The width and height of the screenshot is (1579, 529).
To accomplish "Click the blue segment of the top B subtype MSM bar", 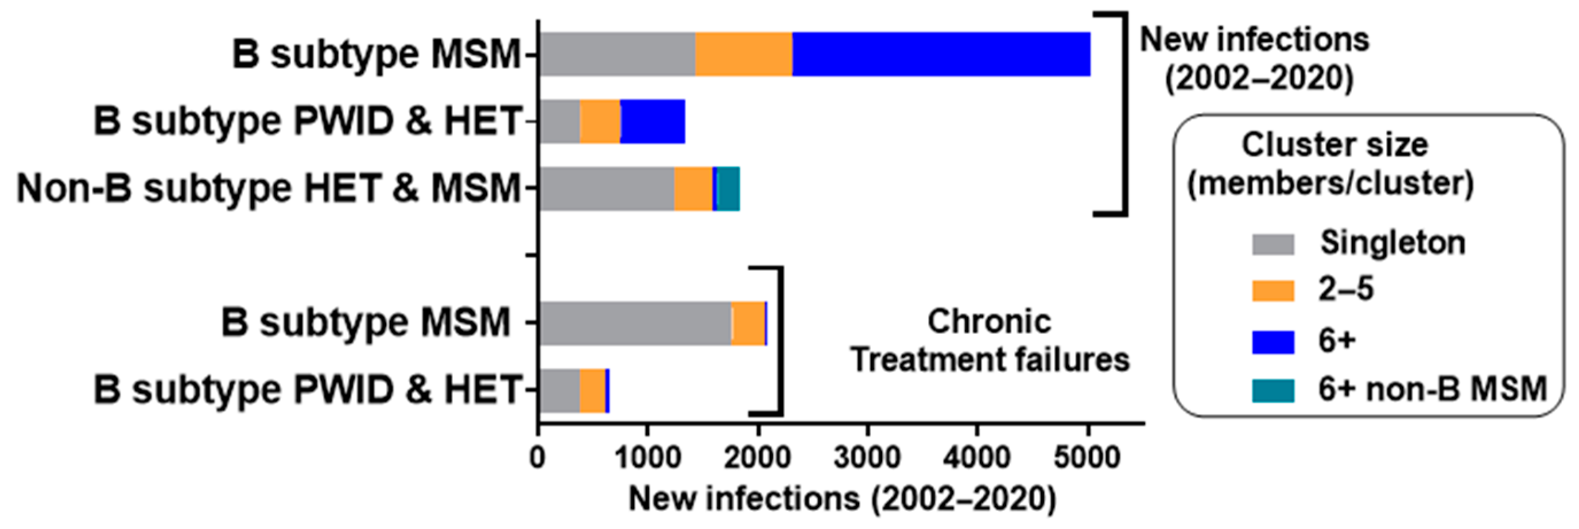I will coord(941,54).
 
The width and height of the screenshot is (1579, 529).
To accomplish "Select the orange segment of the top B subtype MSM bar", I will coord(743,54).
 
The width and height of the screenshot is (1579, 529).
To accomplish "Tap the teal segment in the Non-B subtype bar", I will coord(728,188).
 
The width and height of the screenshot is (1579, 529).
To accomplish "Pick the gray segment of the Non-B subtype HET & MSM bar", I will coord(607,188).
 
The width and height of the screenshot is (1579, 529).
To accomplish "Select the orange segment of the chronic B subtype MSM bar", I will coord(748,323).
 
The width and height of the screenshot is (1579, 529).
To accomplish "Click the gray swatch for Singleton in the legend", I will coord(1272,244).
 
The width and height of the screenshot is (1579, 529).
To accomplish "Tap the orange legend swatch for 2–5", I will coord(1272,290).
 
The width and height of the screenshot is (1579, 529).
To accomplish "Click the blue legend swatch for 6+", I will coord(1272,341).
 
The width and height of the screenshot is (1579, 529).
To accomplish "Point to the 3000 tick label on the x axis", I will coord(867,457).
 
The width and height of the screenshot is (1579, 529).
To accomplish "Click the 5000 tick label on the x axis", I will coord(1087,457).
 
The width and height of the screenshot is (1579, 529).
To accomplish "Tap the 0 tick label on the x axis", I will coord(538,457).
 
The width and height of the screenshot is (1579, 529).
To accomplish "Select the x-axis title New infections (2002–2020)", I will coord(842,499).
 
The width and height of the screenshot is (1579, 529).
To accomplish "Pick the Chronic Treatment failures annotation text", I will coord(990,340).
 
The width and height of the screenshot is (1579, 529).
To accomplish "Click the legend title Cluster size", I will coord(1334,145).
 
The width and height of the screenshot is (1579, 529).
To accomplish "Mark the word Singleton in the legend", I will coord(1392,243).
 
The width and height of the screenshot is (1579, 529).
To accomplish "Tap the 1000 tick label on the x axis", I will coord(647,457).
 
